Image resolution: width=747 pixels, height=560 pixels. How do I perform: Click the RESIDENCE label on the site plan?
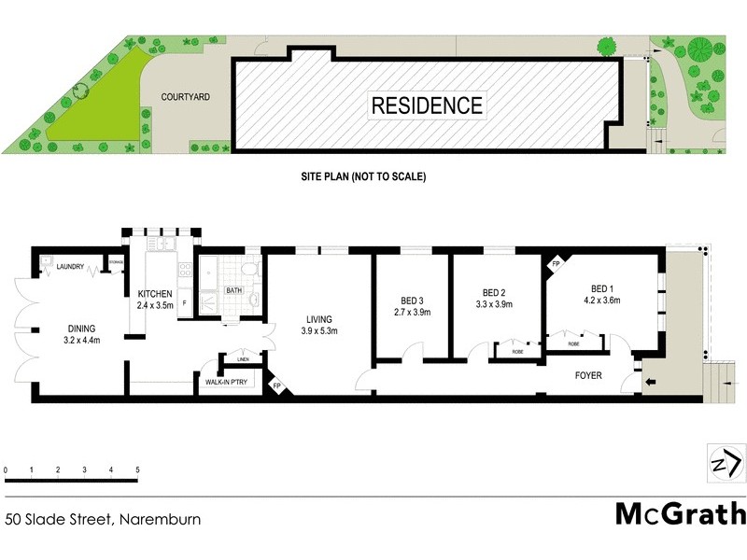pos(428,105)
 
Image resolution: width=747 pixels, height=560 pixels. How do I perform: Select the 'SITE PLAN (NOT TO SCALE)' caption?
pos(362,175)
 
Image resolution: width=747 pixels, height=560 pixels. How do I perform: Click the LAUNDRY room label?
pos(70,267)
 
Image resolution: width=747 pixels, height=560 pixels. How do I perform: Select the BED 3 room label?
pos(412,305)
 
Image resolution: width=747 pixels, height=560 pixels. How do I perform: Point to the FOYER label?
pos(588,376)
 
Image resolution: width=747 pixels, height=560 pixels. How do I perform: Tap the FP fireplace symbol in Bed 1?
pos(556,264)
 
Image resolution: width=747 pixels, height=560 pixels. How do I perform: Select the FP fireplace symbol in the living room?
pos(276,385)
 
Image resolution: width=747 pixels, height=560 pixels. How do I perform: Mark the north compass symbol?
pos(726,464)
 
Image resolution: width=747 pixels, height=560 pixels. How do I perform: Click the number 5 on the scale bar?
pos(137,469)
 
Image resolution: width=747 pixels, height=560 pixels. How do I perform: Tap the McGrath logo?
pos(680,513)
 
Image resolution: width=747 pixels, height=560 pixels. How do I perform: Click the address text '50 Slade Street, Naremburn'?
pos(103,518)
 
